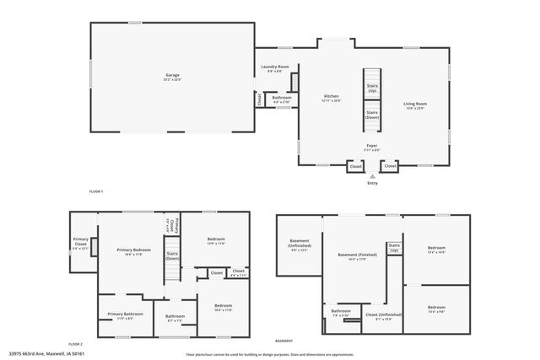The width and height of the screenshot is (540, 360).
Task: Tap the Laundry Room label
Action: (x=274, y=67)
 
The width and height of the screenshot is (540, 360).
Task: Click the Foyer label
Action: (x=371, y=145)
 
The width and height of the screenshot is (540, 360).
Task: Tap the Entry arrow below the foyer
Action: (x=372, y=175)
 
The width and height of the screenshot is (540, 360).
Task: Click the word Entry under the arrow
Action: (x=372, y=183)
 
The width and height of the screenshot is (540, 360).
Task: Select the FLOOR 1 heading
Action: (x=96, y=191)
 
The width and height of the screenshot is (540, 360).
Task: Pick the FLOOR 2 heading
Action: (x=76, y=344)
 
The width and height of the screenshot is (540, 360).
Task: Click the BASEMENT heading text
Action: (x=284, y=341)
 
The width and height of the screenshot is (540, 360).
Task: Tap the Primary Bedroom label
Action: (x=133, y=251)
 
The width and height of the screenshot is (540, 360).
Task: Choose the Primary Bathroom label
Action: (x=125, y=315)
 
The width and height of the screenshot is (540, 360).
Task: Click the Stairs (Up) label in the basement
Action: (x=394, y=248)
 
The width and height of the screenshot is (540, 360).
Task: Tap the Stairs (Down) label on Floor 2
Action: (x=172, y=255)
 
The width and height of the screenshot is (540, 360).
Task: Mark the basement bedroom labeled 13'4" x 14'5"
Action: (x=436, y=250)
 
